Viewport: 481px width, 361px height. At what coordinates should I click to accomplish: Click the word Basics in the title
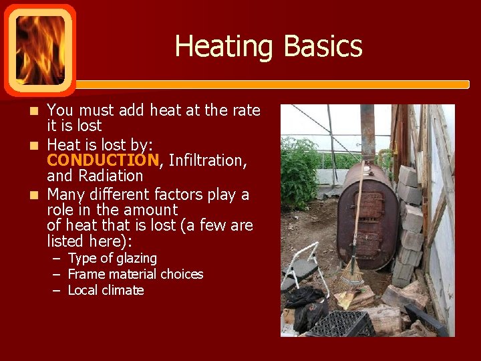323,47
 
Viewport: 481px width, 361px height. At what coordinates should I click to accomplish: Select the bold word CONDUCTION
102,160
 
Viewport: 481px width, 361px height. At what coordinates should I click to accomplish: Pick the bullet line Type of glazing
112,258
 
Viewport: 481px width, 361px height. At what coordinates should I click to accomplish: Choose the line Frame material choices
136,274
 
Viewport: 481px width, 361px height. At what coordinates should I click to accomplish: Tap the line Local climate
106,290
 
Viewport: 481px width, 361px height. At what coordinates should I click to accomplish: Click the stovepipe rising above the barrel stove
367,134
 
